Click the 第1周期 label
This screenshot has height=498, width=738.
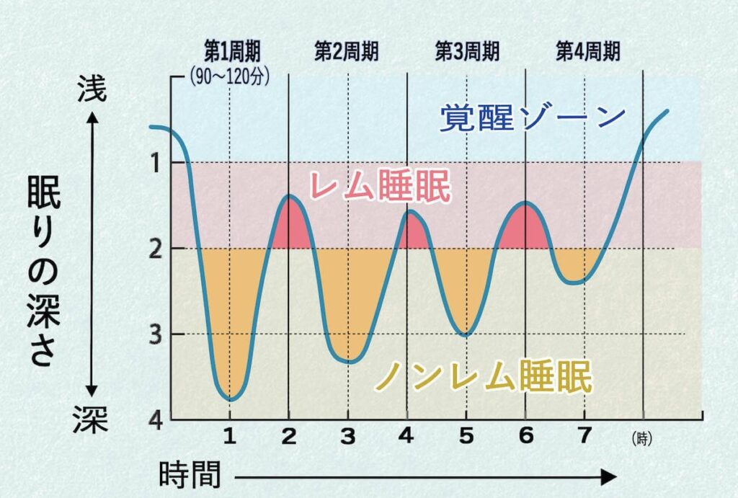point(231,51)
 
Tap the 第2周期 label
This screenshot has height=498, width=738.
point(347,51)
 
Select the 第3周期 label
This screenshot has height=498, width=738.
point(467,51)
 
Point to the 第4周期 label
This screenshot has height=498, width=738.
point(587,51)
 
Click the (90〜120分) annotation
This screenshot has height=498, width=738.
point(229,76)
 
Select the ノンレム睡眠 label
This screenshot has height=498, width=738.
point(484,375)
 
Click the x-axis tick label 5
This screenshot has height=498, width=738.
point(466,437)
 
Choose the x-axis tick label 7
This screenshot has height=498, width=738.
point(584,437)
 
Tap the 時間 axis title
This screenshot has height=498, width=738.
point(190,476)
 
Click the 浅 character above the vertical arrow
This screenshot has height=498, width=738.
point(92,89)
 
